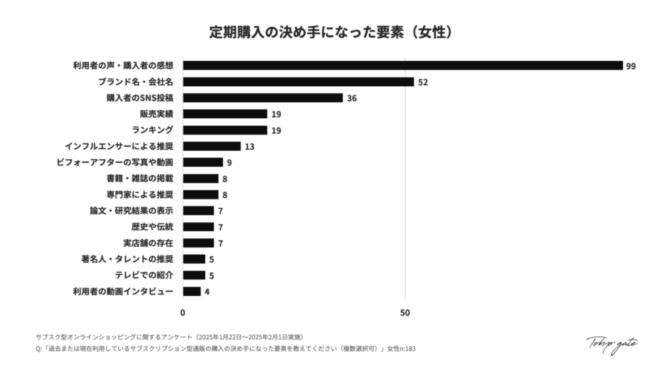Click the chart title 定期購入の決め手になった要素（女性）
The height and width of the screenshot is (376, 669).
334,33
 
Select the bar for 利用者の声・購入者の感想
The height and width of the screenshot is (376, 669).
402,65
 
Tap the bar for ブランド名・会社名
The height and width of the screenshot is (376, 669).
298,82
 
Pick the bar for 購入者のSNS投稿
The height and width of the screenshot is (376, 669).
263,98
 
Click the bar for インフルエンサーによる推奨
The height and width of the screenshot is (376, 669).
212,146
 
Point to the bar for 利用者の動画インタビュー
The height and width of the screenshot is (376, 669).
191,291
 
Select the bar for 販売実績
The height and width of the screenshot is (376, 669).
225,114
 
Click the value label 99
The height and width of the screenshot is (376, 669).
630,66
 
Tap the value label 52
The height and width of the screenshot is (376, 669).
423,82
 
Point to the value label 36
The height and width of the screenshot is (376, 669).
351,99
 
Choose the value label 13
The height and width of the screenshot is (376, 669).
250,147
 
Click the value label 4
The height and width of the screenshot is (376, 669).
207,292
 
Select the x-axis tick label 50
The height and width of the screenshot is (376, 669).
405,313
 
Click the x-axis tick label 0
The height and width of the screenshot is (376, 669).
183,313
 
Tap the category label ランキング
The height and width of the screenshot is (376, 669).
152,130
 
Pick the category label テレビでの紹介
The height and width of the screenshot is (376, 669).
144,275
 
